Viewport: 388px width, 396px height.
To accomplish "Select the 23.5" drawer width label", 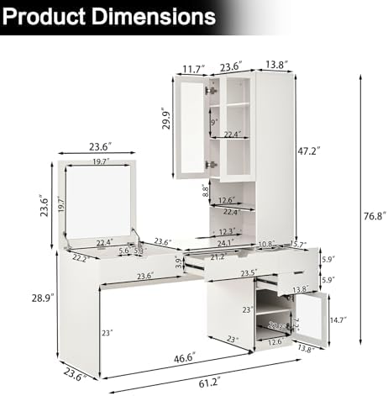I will (x=244, y=272).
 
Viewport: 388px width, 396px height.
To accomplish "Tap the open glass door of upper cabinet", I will (x=191, y=130).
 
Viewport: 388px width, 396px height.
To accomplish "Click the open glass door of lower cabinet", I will (x=308, y=319).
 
